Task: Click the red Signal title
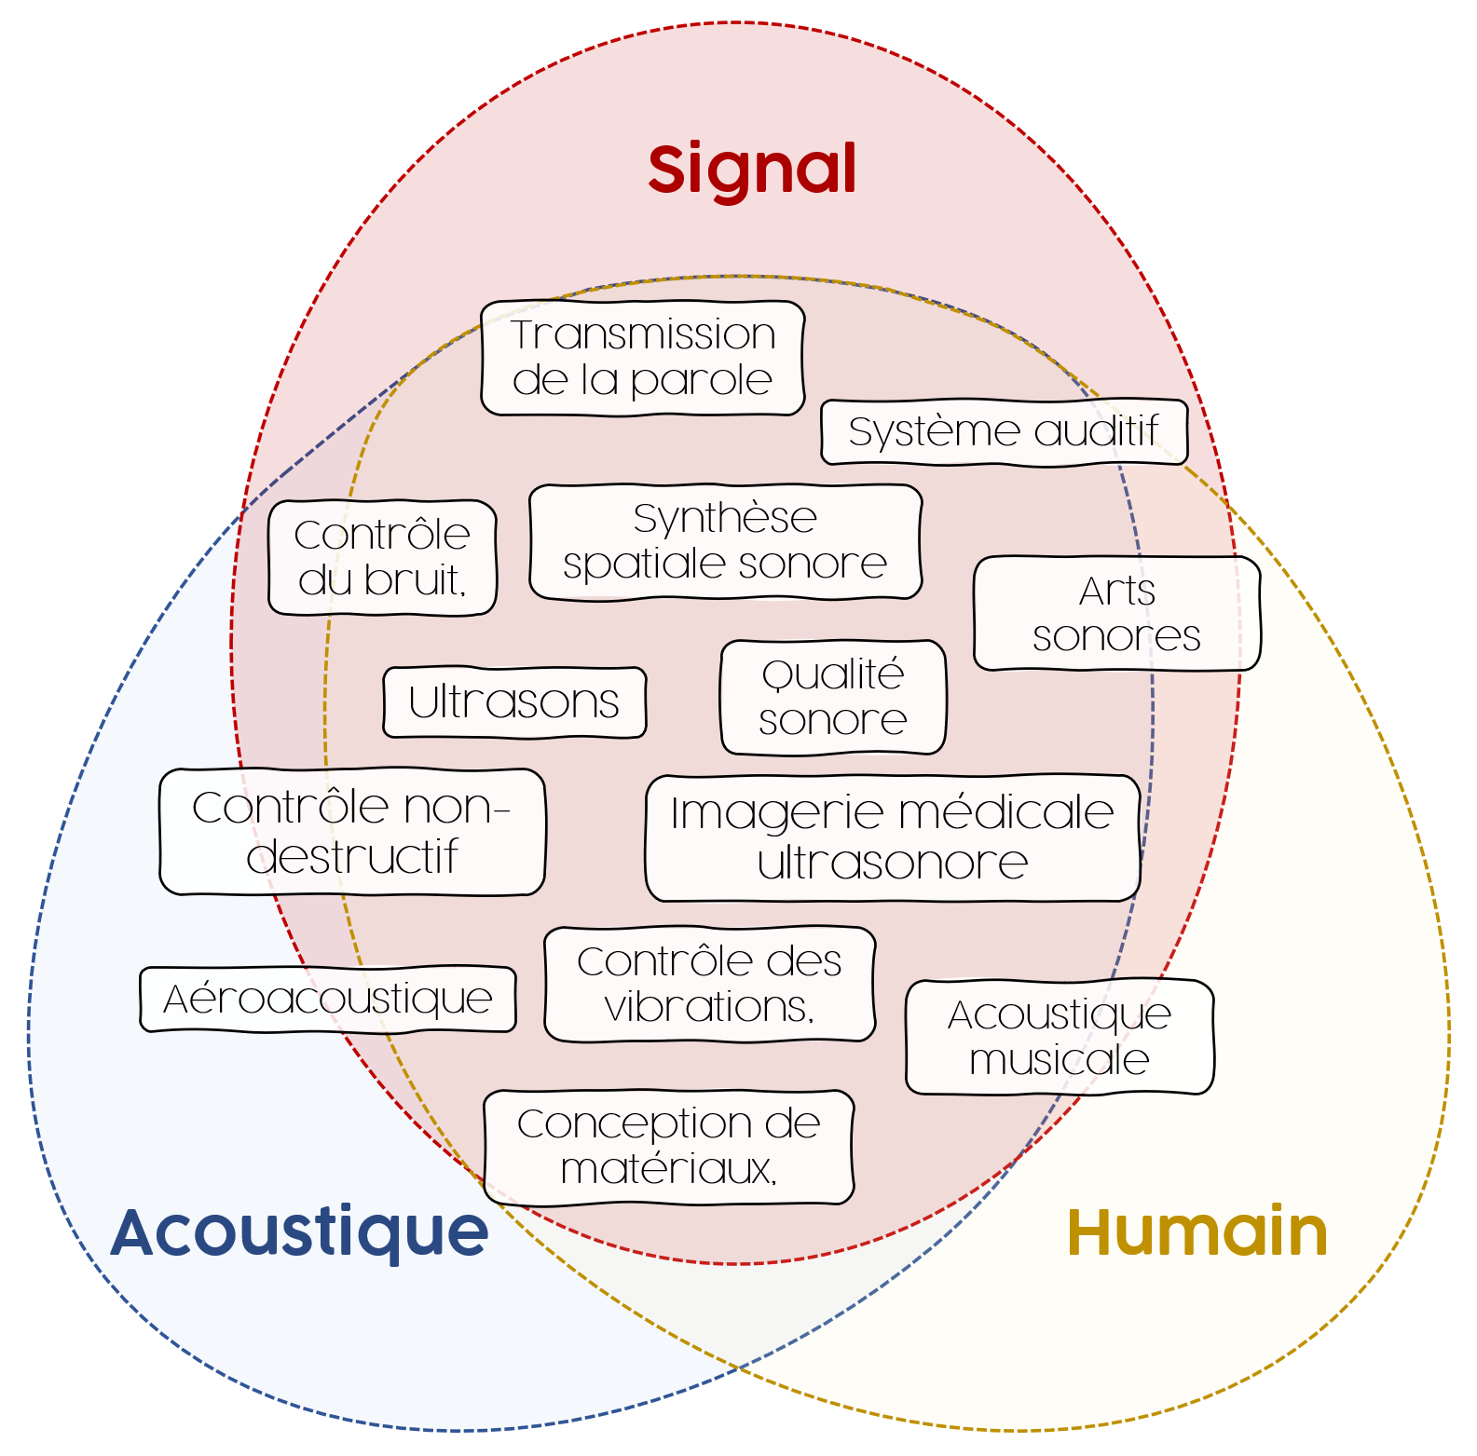coord(752,170)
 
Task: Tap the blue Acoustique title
coord(299,1231)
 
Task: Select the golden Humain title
coord(1197,1231)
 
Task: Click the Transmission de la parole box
coord(643,358)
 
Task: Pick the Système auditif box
coord(1004,432)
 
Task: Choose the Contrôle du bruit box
coord(382,557)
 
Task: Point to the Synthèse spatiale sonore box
coord(725,541)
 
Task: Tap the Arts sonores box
coord(1116,613)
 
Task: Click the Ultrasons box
coord(513,702)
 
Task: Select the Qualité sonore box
coord(833,697)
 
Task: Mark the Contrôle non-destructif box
coord(352,831)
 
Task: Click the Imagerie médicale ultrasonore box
coord(892,837)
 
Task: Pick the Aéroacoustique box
coord(327,999)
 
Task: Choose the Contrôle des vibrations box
coord(709,984)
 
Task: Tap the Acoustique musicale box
coord(1060,1037)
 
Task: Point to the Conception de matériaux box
coord(668,1147)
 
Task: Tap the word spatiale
coord(636,565)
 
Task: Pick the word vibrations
coord(708,1007)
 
